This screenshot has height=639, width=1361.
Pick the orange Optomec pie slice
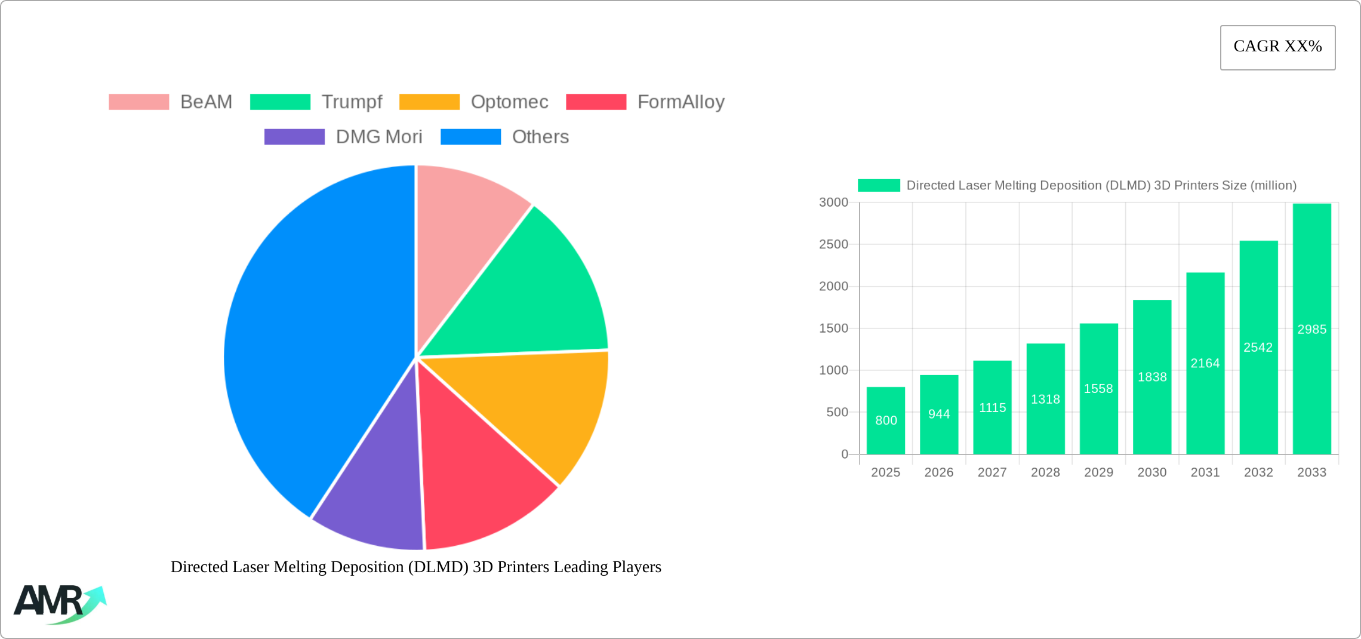click(537, 406)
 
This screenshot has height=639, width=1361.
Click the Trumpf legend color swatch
click(280, 102)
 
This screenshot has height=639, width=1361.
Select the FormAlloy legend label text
click(680, 102)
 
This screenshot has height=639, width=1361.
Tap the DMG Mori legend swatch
click(294, 137)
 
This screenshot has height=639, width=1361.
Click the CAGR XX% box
click(1277, 47)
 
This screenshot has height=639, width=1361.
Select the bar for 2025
click(886, 420)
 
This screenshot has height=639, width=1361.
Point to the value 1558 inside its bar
click(1098, 389)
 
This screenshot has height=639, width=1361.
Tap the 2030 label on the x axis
click(1151, 472)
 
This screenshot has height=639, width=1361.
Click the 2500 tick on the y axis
click(833, 244)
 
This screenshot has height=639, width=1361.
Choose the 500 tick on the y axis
click(837, 412)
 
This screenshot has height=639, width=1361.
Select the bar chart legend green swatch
click(879, 186)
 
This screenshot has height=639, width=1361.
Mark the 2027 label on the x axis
click(992, 472)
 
